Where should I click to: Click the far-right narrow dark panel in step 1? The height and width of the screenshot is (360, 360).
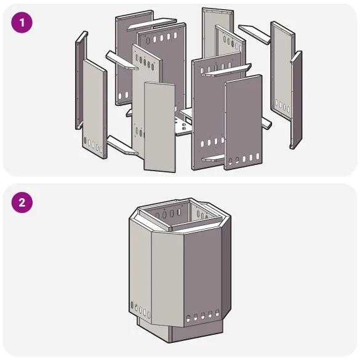[x=296, y=98]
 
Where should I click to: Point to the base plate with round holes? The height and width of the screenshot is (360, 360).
[x=185, y=126]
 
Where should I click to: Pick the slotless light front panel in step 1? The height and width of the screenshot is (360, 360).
[x=159, y=126]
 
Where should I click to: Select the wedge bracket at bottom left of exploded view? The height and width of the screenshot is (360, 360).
[x=120, y=146]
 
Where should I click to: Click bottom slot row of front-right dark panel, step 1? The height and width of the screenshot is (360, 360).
[x=243, y=159]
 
